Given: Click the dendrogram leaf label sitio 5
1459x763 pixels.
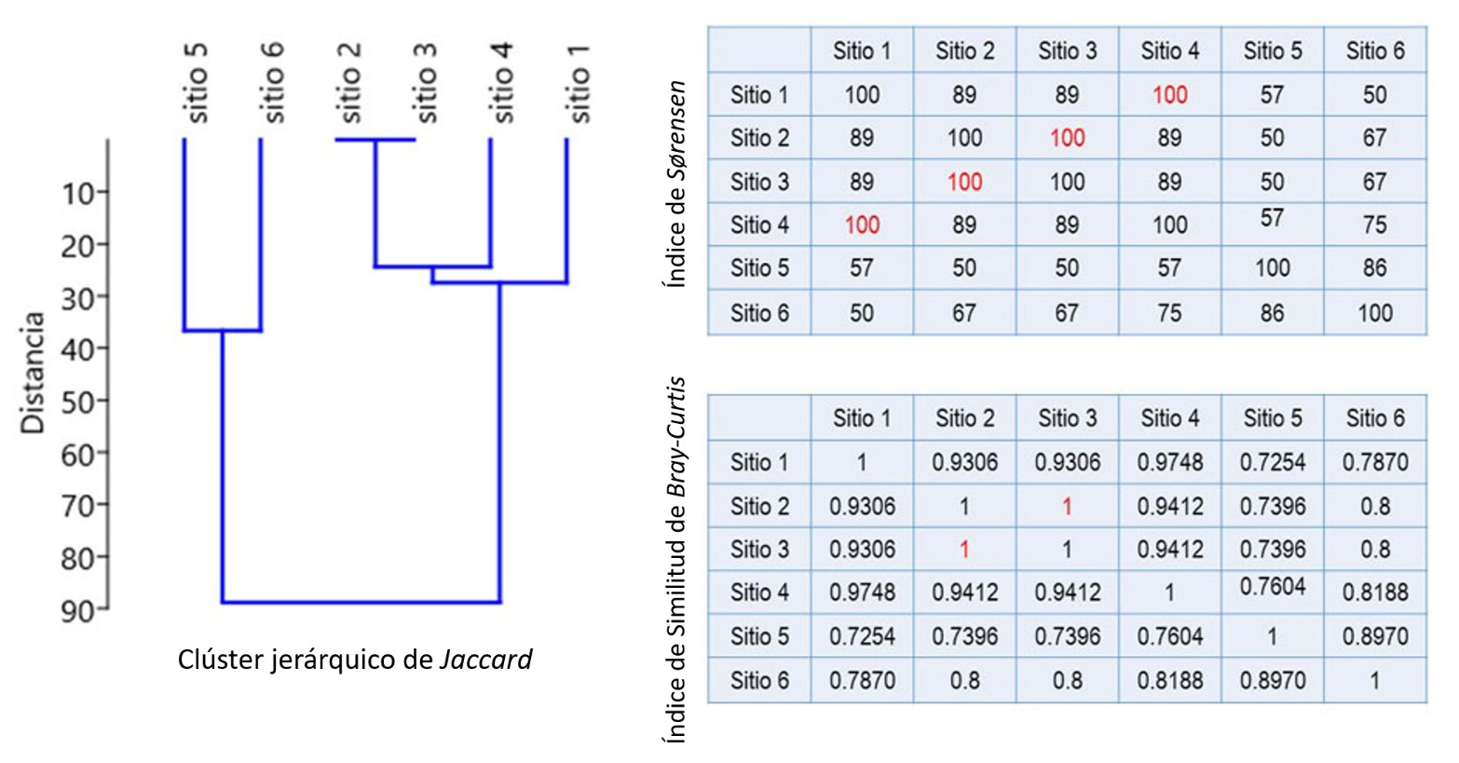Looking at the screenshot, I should (197, 83).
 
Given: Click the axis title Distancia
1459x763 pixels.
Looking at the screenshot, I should (34, 373).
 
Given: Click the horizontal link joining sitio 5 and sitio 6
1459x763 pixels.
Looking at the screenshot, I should (222, 331).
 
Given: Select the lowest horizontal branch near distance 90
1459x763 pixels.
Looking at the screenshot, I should (361, 602).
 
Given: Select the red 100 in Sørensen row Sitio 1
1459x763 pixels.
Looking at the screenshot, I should (1169, 94).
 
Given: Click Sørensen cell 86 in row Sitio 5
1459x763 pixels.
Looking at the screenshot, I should (1374, 268).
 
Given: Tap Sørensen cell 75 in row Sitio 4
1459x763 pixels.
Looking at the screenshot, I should (1374, 225).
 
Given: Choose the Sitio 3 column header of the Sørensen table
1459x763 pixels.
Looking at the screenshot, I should (1067, 50).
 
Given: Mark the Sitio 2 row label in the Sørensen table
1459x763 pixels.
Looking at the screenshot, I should (759, 138).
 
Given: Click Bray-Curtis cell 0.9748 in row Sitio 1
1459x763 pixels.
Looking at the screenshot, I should (1169, 462).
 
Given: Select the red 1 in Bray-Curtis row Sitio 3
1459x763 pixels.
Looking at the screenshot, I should (964, 550).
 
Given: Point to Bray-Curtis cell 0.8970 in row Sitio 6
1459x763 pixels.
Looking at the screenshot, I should (1272, 681).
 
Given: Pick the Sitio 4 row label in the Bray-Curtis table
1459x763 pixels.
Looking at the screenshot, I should (759, 593).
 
